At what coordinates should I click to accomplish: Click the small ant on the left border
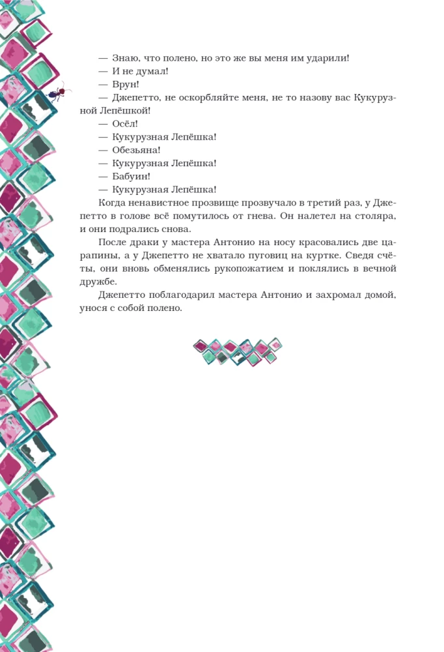[57, 93]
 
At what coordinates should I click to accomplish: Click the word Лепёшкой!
[124, 110]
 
